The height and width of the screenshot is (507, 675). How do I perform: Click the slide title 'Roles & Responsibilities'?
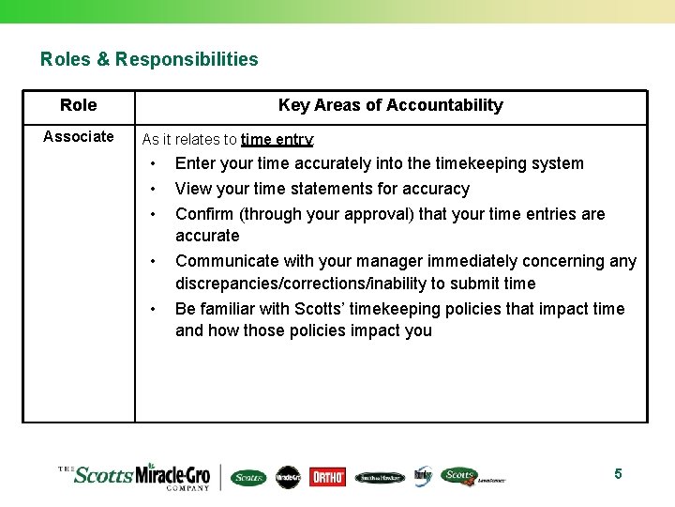(149, 59)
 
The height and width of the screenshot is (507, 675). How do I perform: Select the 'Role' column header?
(78, 105)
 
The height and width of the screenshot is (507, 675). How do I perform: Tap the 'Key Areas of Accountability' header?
(390, 105)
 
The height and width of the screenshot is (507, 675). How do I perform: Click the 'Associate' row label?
(79, 137)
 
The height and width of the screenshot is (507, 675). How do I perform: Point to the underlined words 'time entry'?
(277, 140)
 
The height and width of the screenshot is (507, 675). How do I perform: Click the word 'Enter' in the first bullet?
(196, 163)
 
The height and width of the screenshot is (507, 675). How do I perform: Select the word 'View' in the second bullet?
(193, 189)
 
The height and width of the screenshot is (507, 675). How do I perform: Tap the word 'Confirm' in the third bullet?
(204, 214)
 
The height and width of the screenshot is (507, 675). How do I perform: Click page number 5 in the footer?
(618, 474)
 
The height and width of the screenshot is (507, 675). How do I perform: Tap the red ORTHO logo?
(327, 477)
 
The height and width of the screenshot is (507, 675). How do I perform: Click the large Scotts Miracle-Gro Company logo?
(141, 475)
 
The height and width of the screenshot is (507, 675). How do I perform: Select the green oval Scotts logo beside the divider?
(248, 477)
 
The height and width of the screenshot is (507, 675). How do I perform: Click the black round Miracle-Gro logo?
(288, 477)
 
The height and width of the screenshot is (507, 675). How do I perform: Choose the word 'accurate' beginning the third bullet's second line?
(207, 236)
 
